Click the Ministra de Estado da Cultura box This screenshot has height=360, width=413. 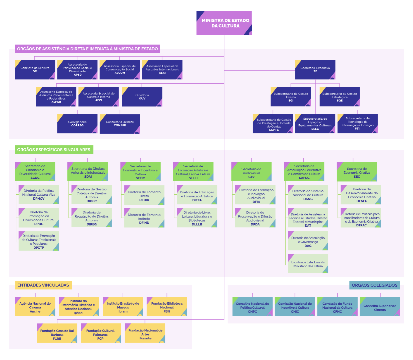click(x=224, y=23)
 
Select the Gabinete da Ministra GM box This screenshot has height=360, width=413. click(x=35, y=70)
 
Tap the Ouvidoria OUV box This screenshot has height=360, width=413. click(x=142, y=97)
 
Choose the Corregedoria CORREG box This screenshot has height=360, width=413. click(x=77, y=124)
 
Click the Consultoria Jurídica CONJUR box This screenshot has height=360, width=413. click(x=120, y=124)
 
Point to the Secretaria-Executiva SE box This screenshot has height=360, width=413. click(x=315, y=70)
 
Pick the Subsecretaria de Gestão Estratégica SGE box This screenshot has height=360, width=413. click(x=340, y=97)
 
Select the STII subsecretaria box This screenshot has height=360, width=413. click(x=358, y=124)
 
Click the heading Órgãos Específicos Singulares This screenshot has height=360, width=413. click(x=54, y=150)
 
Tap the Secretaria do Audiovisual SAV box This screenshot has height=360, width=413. click(x=252, y=172)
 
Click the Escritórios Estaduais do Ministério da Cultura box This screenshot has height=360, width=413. click(x=308, y=264)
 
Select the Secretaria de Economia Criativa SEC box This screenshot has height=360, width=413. click(x=357, y=172)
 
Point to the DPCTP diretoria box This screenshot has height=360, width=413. click(x=39, y=241)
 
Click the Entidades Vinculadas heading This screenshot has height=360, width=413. click(x=43, y=285)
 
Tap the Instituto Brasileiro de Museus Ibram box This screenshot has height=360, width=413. click(x=123, y=307)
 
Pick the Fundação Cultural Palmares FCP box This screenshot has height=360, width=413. click(x=100, y=333)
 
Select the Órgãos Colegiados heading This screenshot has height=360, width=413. click(x=375, y=285)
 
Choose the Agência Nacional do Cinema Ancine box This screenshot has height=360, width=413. click(x=35, y=307)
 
